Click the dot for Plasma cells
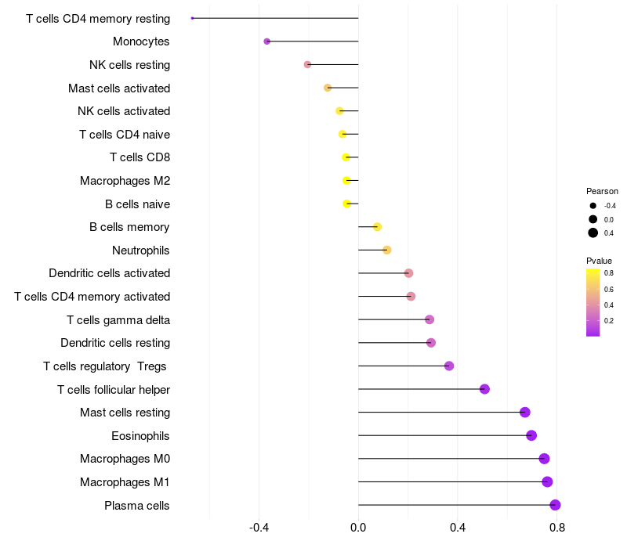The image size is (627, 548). pyautogui.click(x=555, y=505)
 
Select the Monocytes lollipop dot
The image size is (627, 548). pyautogui.click(x=266, y=41)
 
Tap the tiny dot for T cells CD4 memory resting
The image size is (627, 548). pyautogui.click(x=192, y=18)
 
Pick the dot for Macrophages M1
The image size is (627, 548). pyautogui.click(x=547, y=481)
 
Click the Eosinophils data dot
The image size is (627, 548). pyautogui.click(x=531, y=435)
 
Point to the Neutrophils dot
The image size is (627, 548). pyautogui.click(x=386, y=250)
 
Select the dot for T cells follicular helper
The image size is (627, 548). pyautogui.click(x=484, y=389)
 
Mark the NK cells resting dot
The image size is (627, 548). pyautogui.click(x=307, y=64)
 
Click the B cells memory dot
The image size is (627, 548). pyautogui.click(x=377, y=227)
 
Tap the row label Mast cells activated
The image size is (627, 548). pyautogui.click(x=119, y=88)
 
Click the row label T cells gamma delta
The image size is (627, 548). pyautogui.click(x=118, y=320)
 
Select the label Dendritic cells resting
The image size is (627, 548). pyautogui.click(x=115, y=343)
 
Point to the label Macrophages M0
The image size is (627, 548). pyautogui.click(x=125, y=459)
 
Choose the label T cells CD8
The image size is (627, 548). pyautogui.click(x=140, y=157)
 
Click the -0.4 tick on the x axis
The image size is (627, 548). pyautogui.click(x=259, y=528)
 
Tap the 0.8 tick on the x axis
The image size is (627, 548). pyautogui.click(x=557, y=528)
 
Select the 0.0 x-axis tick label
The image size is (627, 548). pyautogui.click(x=358, y=528)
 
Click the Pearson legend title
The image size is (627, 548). pyautogui.click(x=602, y=191)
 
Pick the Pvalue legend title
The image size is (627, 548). pyautogui.click(x=599, y=261)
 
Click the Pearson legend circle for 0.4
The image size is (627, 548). pyautogui.click(x=593, y=233)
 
